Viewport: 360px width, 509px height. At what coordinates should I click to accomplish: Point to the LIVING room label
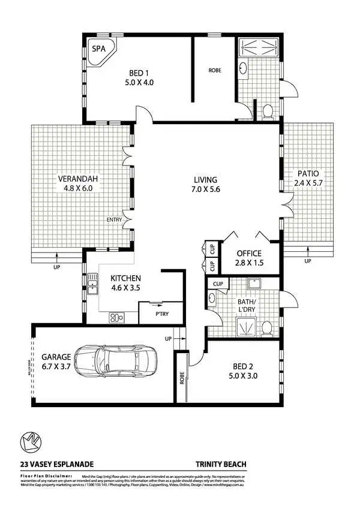pos(205,180)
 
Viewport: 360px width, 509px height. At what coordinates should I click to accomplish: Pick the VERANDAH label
pos(77,178)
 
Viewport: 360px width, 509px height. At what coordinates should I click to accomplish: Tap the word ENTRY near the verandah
pos(114,220)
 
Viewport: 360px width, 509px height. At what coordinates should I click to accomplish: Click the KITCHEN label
pos(125,278)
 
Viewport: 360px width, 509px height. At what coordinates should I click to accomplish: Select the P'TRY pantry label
pos(161,314)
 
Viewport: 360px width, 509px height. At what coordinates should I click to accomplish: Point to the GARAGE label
pos(56,357)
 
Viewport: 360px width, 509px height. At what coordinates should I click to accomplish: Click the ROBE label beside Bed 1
pos(214,70)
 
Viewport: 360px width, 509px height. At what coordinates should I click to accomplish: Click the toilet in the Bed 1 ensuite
pos(268,110)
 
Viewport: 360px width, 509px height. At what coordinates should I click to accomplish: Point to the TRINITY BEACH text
pos(221,463)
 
